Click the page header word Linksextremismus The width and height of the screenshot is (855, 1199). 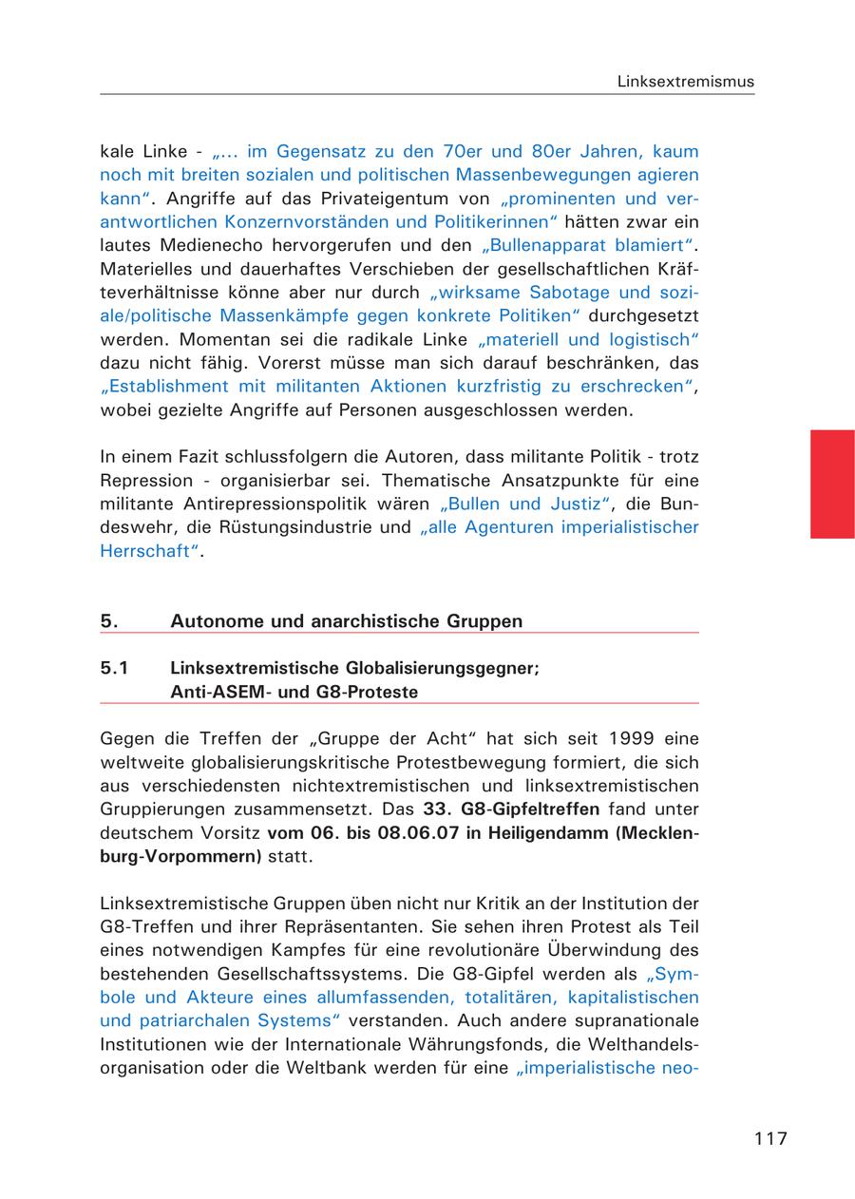(x=685, y=82)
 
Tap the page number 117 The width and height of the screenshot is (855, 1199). (x=770, y=1138)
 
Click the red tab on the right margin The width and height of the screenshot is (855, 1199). (x=832, y=484)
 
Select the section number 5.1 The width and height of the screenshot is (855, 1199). (x=114, y=668)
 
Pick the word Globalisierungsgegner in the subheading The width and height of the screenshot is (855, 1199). (x=443, y=668)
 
